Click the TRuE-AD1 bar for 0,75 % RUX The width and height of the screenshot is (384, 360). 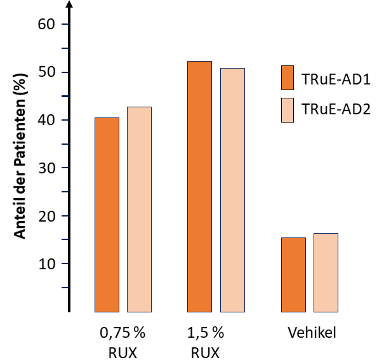[107, 215]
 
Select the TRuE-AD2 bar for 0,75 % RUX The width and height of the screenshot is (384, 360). [139, 210]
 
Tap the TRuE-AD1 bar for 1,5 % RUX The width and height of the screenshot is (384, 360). [199, 187]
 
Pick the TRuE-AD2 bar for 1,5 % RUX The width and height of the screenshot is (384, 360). [232, 190]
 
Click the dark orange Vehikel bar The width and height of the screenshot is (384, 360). [293, 274]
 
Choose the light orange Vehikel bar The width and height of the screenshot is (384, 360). [326, 272]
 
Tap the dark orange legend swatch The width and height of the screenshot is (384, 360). [288, 77]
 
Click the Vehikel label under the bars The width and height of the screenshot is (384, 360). [312, 333]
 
